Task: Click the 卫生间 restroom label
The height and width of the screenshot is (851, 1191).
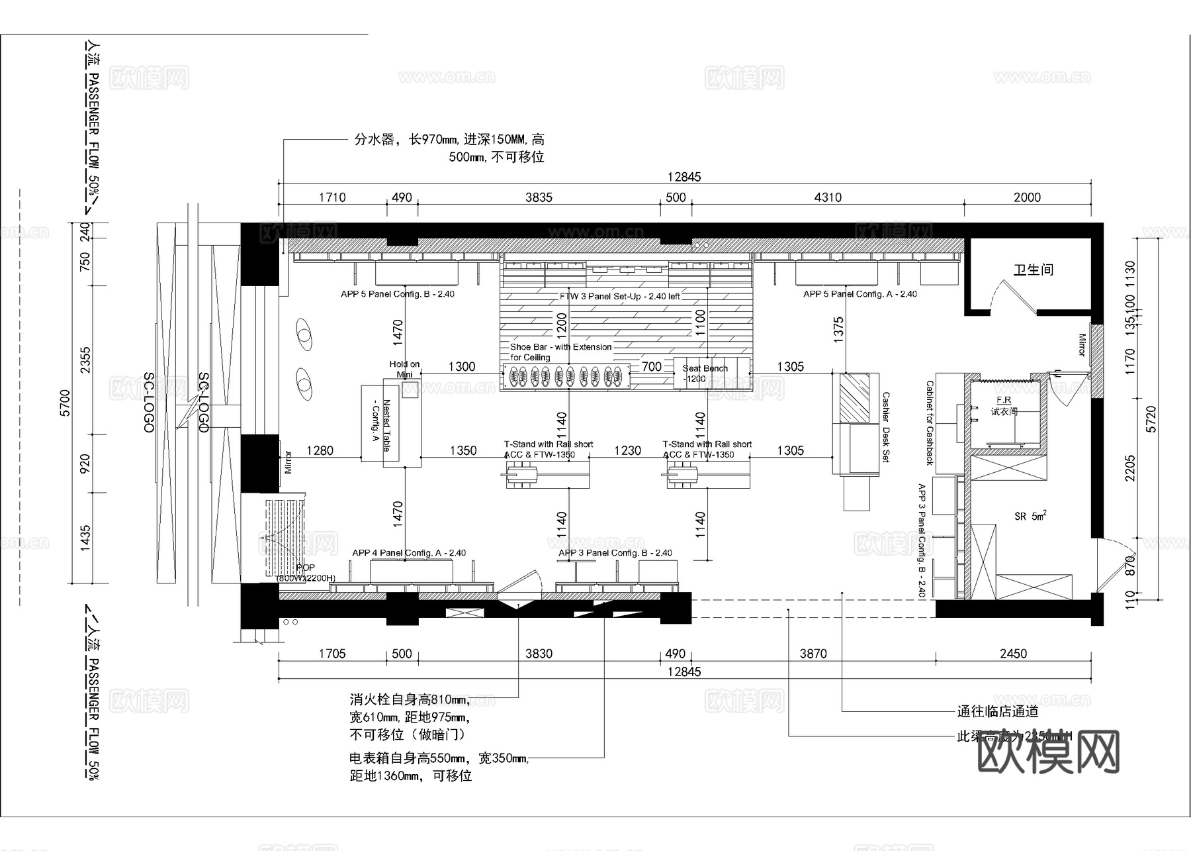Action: pyautogui.click(x=1033, y=270)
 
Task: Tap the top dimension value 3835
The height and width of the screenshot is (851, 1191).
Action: pyautogui.click(x=539, y=197)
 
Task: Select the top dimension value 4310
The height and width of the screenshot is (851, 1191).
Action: pyautogui.click(x=828, y=197)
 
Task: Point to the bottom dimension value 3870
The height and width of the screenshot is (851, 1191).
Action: pyautogui.click(x=813, y=654)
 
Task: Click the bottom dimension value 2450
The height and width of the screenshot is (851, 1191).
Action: pyautogui.click(x=1013, y=654)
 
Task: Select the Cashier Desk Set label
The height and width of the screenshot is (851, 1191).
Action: pyautogui.click(x=886, y=427)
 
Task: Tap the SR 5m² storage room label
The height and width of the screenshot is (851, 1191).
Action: pyautogui.click(x=1030, y=516)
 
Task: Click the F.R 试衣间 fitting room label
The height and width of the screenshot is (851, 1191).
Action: pyautogui.click(x=1004, y=406)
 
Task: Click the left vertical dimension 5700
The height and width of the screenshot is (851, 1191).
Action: pyautogui.click(x=65, y=403)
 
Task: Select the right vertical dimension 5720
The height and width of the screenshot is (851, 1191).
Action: pyautogui.click(x=1152, y=419)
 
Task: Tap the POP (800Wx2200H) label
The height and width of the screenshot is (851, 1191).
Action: pyautogui.click(x=306, y=573)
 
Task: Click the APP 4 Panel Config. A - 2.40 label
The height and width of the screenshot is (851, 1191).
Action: pyautogui.click(x=409, y=553)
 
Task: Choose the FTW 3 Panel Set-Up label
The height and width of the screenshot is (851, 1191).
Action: pyautogui.click(x=619, y=296)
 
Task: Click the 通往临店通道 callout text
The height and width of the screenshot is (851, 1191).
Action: pyautogui.click(x=997, y=712)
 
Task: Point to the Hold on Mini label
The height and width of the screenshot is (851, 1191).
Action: pyautogui.click(x=404, y=369)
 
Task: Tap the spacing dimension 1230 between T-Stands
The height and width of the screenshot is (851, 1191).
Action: pyautogui.click(x=627, y=451)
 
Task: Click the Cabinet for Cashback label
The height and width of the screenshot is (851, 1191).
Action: pyautogui.click(x=930, y=423)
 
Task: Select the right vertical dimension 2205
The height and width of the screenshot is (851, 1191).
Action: pyautogui.click(x=1130, y=468)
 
